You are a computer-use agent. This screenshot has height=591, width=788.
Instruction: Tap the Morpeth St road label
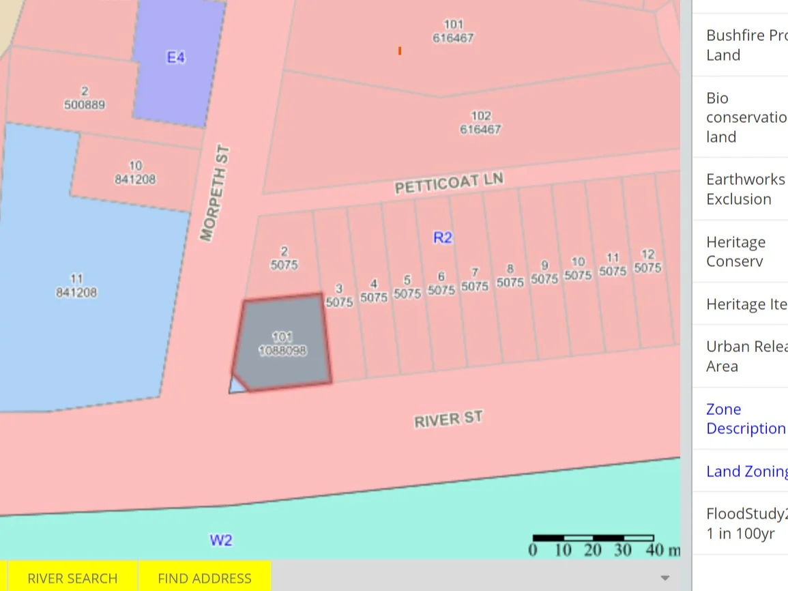pos(216,193)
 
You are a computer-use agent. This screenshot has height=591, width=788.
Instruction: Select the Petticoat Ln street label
pos(449,183)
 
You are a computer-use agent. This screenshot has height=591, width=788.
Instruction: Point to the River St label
pos(448,419)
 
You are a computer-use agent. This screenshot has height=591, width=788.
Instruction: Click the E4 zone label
pos(176,57)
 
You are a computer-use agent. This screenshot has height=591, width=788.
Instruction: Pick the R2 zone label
pos(443,237)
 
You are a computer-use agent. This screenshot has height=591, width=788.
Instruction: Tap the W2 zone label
pos(220,540)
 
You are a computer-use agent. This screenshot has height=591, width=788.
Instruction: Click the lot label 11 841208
pos(76,286)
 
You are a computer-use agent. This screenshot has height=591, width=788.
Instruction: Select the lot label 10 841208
pos(135,173)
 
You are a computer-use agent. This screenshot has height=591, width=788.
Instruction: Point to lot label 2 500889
pos(84,98)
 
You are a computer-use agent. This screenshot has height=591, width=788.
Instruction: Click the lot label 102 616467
pos(480,122)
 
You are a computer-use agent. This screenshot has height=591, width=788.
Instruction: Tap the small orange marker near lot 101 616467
pos(400,51)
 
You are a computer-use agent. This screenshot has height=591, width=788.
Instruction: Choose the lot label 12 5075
pos(647,261)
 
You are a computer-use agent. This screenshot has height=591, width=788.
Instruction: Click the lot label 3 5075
pos(339,295)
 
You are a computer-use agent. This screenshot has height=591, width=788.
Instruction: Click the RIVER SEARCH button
pos(72,578)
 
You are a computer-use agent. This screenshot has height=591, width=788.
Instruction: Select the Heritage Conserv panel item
pos(735,251)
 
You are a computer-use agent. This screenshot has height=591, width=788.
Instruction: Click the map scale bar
pos(593,538)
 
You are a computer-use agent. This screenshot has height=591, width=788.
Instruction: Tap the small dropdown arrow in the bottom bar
pos(665,578)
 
